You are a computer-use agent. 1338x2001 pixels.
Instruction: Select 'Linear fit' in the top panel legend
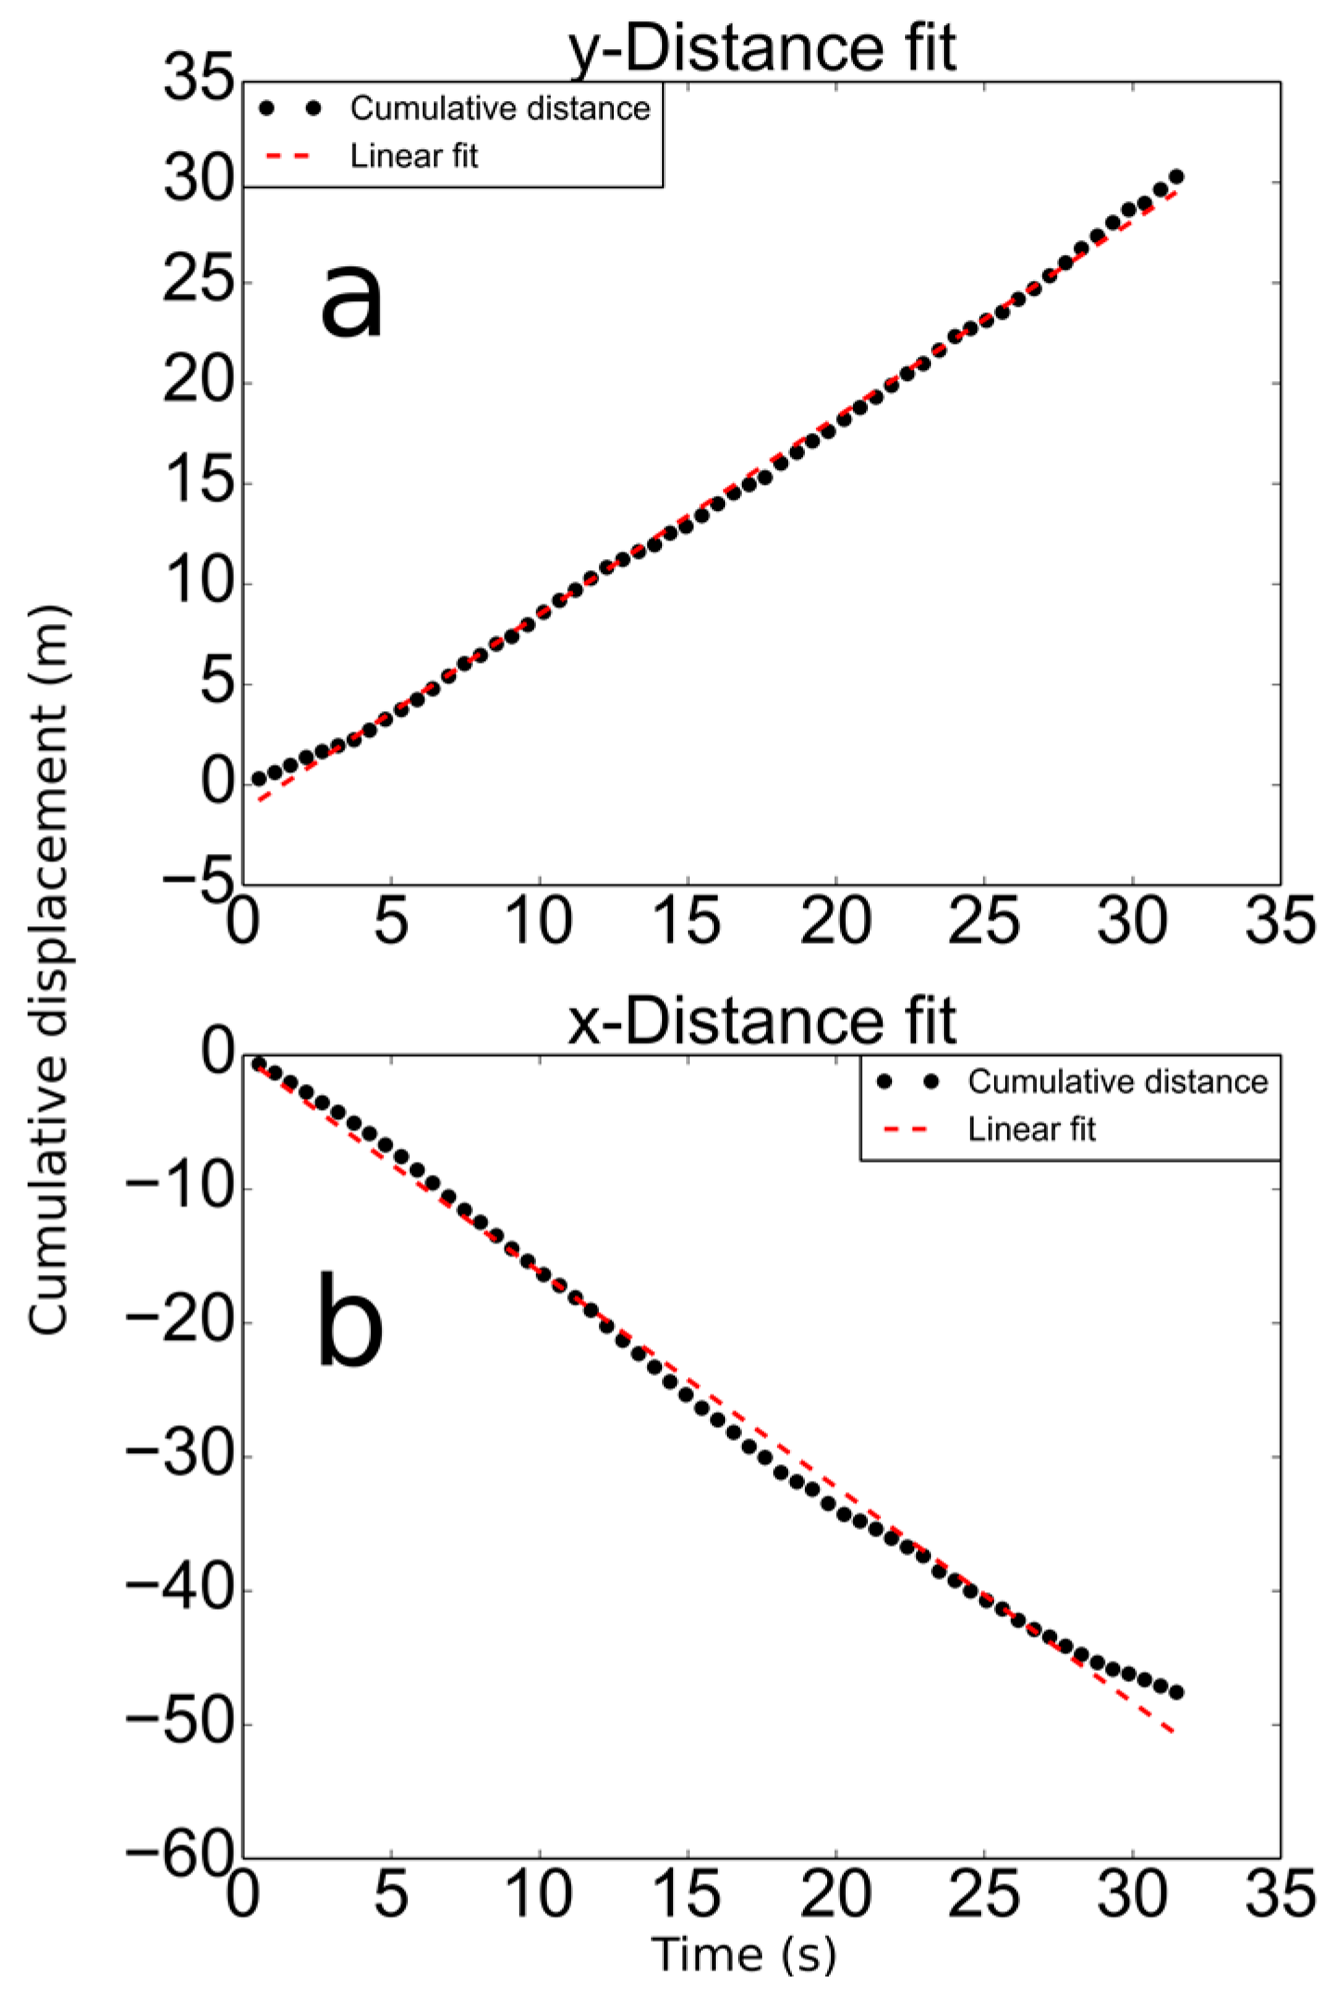tap(414, 156)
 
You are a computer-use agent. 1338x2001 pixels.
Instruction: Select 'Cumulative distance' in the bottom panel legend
tap(1117, 1081)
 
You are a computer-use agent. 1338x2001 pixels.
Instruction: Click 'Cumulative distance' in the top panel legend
tap(500, 108)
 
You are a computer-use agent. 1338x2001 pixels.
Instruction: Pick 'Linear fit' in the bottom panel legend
tap(1031, 1128)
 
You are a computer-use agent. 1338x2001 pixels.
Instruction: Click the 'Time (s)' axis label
tap(744, 1954)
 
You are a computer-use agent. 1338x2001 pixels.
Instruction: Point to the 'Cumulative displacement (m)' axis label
tap(48, 970)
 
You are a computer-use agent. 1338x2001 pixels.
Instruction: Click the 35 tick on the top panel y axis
tap(198, 79)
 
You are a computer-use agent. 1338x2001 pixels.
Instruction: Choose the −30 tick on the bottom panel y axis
tap(179, 1456)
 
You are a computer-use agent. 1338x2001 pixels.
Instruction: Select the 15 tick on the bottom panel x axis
tap(687, 1894)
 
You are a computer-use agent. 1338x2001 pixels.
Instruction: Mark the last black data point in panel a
tap(1176, 176)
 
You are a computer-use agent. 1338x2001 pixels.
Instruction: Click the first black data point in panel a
tap(259, 778)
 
